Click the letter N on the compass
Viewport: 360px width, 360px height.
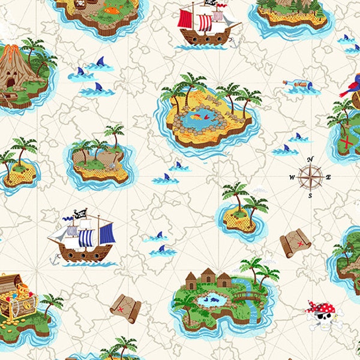310,159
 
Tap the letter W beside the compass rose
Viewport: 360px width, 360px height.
292,177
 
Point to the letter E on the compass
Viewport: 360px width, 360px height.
329,177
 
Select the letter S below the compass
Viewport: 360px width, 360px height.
310,196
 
